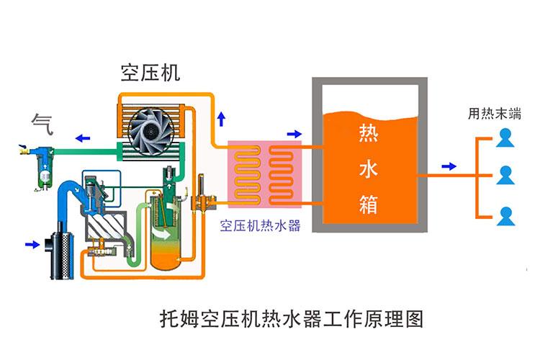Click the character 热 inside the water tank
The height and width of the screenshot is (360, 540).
coord(368,134)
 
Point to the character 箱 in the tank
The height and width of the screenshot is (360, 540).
coord(368,204)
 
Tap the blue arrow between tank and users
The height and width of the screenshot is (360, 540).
coord(449,166)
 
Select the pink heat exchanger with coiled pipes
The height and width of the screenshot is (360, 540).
coord(264,175)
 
